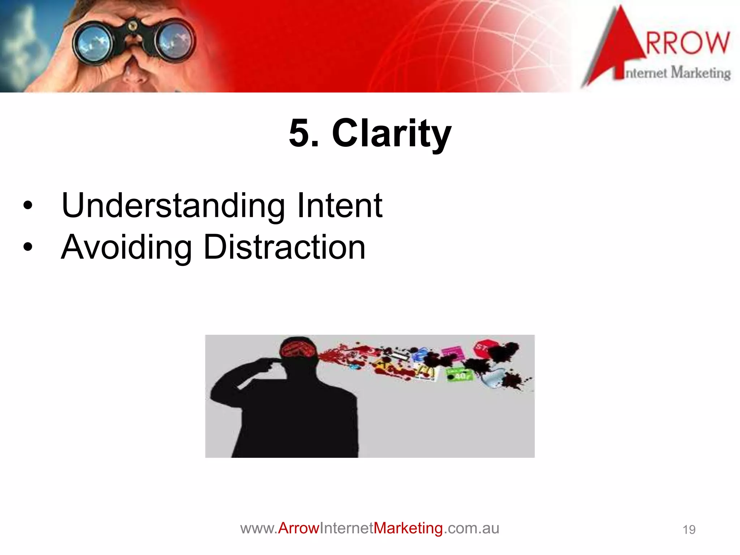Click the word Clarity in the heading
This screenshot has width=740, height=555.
pos(392,134)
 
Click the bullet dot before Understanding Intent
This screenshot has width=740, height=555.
pos(27,206)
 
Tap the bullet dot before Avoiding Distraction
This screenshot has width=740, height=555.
pos(27,248)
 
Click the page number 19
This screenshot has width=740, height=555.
pos(689,530)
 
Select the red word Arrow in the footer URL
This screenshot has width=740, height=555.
pos(298,528)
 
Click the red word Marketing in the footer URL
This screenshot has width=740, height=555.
pos(408,528)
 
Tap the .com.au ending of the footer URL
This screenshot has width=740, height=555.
pos(471,528)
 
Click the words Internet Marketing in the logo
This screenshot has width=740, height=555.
pos(678,73)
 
